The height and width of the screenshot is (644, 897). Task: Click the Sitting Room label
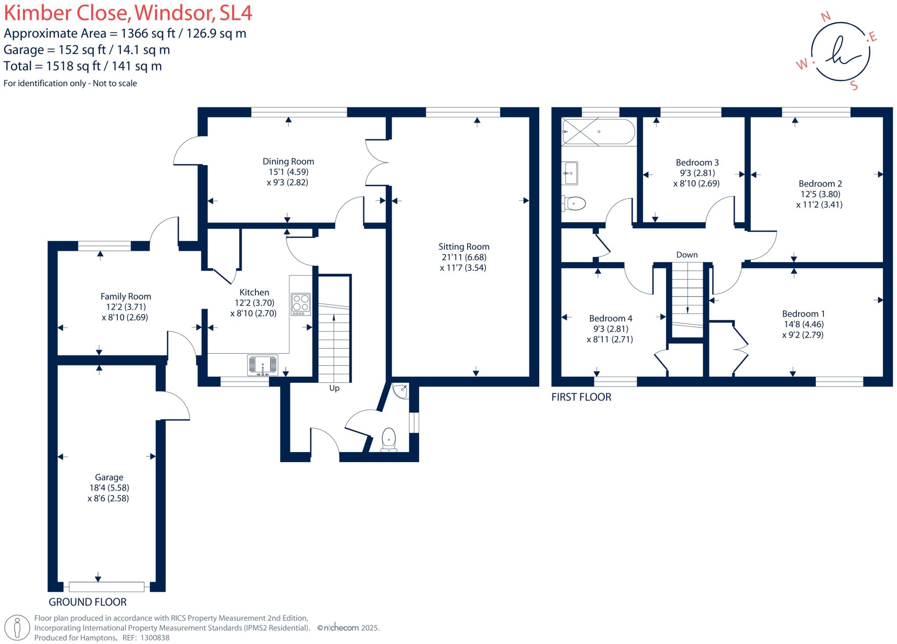[x=464, y=247]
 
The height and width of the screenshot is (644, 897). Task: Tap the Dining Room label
[x=288, y=161]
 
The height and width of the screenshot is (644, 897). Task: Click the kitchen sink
[x=263, y=365]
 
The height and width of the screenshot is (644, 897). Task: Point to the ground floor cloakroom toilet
[x=389, y=439]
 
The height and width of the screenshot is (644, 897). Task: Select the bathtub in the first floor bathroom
[x=598, y=131]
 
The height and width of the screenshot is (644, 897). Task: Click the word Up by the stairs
[x=334, y=388]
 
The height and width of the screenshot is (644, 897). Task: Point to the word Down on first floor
[x=687, y=255]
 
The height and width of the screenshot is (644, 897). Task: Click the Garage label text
[x=109, y=477]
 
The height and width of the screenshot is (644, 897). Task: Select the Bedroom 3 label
[x=697, y=163]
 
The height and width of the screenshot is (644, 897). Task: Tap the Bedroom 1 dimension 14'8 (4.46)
[x=803, y=324]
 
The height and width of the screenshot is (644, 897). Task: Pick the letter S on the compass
[x=854, y=85]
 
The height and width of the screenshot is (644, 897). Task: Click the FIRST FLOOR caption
[x=581, y=397]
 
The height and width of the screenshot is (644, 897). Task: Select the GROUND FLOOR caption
[x=88, y=602]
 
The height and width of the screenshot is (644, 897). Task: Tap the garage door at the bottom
[x=106, y=586]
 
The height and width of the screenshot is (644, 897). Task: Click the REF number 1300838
[x=155, y=638]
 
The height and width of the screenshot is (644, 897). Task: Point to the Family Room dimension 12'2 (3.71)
[x=125, y=307]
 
